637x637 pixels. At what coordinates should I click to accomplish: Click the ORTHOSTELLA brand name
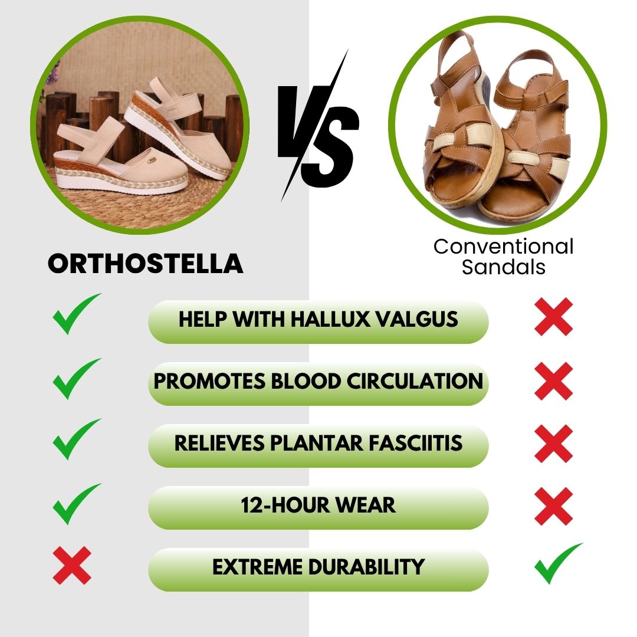(145, 264)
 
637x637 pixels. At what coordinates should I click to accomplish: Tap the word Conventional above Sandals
(503, 247)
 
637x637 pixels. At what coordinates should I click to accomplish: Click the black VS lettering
(319, 127)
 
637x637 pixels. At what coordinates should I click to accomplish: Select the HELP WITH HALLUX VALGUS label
(318, 320)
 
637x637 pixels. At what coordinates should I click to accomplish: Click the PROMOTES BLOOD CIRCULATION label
(318, 382)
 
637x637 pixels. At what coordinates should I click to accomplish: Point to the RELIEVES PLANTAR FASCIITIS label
(318, 444)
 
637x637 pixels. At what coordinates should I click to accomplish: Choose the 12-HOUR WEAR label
(318, 505)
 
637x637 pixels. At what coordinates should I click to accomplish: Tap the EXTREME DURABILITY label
(318, 567)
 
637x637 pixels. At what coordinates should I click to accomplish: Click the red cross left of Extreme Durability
(72, 565)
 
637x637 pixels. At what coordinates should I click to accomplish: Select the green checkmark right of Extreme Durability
(556, 563)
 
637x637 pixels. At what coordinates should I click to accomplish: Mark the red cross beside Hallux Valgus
(553, 317)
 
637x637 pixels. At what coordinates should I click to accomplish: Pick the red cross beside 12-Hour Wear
(553, 506)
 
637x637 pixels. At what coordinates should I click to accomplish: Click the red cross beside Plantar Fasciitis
(553, 444)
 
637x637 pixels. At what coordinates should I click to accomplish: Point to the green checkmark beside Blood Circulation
(75, 379)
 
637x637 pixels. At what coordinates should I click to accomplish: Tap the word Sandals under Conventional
(503, 267)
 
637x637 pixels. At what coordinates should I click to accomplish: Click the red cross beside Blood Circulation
(553, 381)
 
